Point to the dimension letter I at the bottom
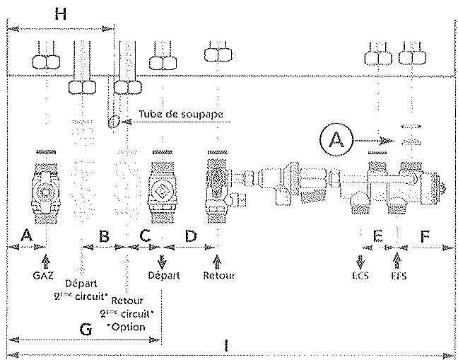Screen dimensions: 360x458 click(225, 346)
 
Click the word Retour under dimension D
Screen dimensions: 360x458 click(218, 274)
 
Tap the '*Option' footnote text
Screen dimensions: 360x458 click(127, 327)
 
